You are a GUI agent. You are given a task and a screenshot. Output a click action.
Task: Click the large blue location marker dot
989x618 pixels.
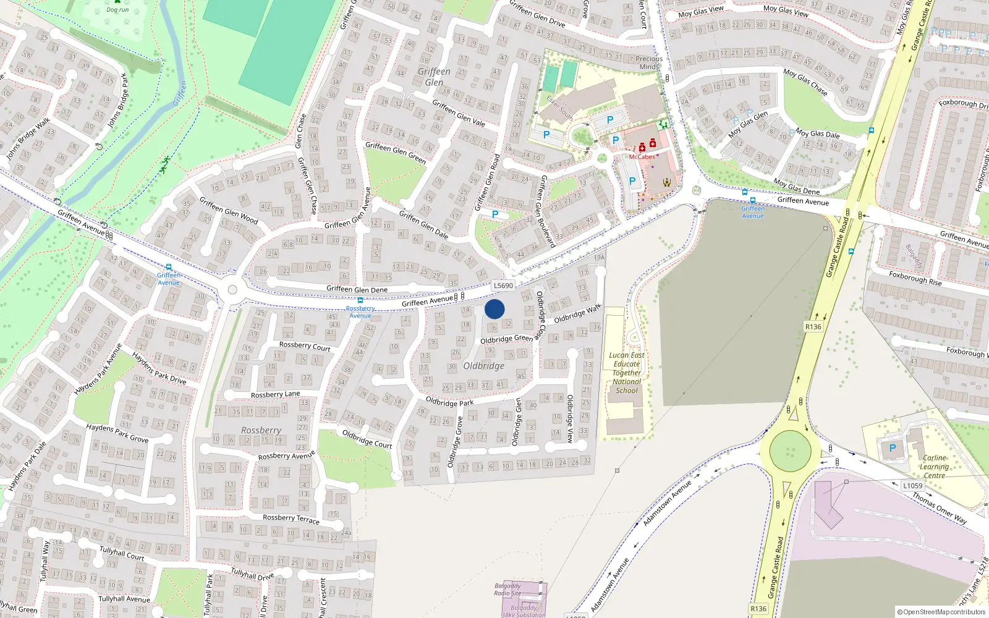494,309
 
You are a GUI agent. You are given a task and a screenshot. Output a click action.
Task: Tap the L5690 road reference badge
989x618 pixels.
503,286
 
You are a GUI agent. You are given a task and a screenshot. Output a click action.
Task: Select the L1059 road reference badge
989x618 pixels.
912,486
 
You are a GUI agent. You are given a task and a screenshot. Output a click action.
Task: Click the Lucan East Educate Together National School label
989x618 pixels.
627,373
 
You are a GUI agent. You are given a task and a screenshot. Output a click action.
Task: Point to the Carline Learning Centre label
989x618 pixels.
934,467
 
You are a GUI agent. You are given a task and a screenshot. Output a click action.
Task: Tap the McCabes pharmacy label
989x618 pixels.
642,157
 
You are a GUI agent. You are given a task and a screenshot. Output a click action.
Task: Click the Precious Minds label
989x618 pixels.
649,63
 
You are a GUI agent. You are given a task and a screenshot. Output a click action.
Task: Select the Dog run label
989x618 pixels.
117,10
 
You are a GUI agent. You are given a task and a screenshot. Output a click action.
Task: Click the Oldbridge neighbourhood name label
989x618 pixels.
484,366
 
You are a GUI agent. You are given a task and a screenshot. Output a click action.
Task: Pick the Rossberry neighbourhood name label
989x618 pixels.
261,430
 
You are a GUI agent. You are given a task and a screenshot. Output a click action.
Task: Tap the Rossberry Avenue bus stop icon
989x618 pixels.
360,300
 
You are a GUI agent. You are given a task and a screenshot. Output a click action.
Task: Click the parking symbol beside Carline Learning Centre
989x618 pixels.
892,448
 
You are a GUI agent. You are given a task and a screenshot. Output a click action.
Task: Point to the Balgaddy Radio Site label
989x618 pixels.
507,590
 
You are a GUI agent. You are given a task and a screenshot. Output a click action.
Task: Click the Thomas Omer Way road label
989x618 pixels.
939,508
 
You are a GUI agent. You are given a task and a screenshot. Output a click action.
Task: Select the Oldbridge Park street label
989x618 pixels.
449,402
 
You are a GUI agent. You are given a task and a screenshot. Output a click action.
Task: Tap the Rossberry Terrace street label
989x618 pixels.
291,519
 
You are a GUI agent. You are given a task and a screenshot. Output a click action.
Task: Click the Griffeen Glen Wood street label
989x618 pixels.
229,210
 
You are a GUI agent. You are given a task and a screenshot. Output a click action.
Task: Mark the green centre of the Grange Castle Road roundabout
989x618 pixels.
790,451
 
